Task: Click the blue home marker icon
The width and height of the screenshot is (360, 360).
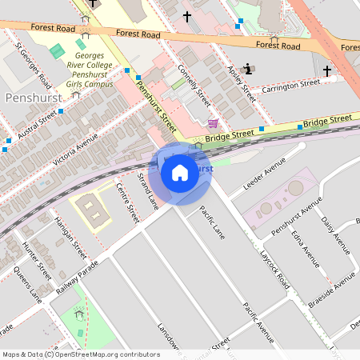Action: click(180, 173)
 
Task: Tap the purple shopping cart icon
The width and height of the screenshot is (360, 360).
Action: click(213, 123)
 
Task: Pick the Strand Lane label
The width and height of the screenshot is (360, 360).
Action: click(147, 190)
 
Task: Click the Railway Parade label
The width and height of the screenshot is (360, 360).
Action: click(76, 278)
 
